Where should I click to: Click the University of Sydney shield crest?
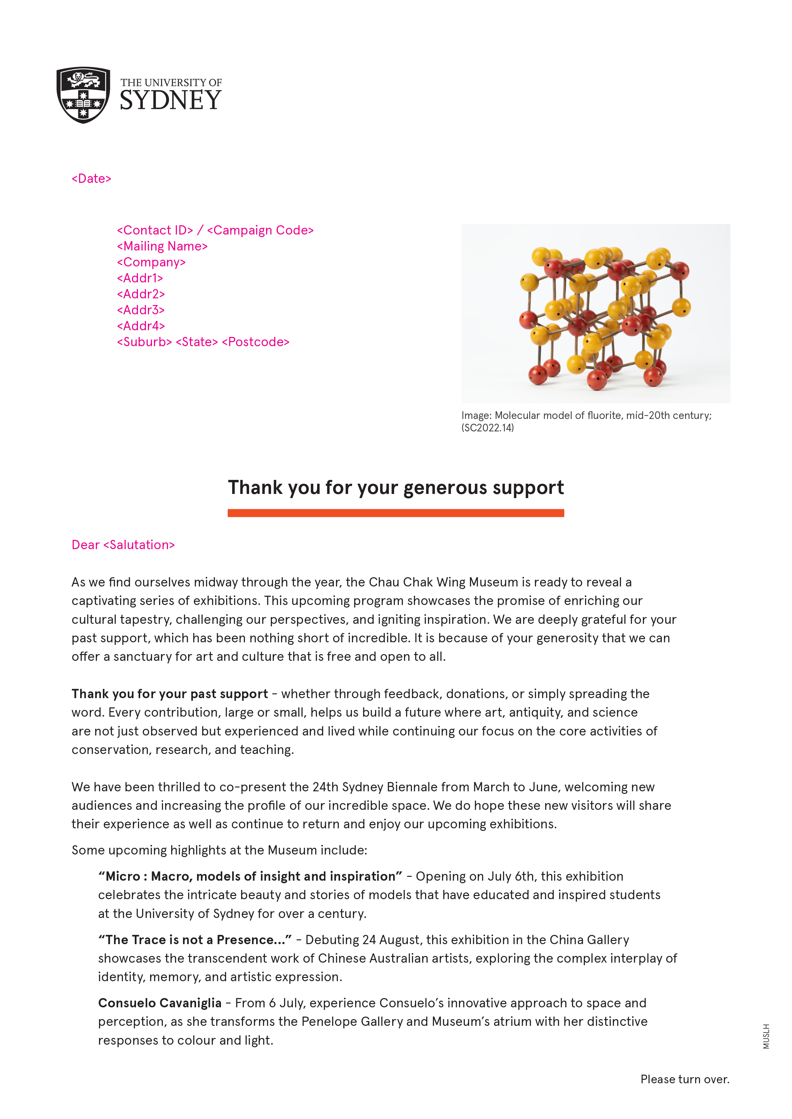(x=83, y=95)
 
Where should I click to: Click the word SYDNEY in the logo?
(x=171, y=101)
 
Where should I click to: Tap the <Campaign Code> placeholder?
(x=260, y=230)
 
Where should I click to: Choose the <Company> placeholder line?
(x=151, y=262)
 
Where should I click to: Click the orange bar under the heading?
(x=395, y=513)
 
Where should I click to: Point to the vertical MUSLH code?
(x=766, y=1036)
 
